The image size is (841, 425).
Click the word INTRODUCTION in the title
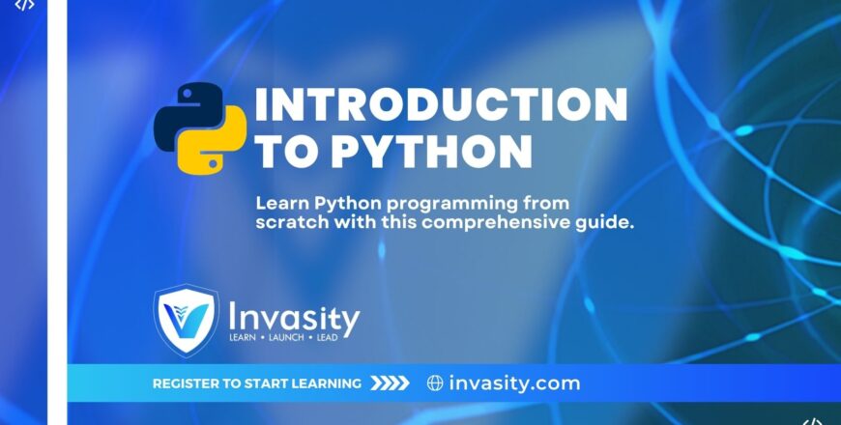point(440,104)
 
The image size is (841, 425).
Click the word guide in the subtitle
point(604,222)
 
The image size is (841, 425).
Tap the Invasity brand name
point(294,317)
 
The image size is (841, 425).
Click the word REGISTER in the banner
point(187,383)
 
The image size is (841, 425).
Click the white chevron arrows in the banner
point(391,383)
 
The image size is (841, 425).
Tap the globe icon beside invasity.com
point(435,383)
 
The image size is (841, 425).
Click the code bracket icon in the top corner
point(25,5)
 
